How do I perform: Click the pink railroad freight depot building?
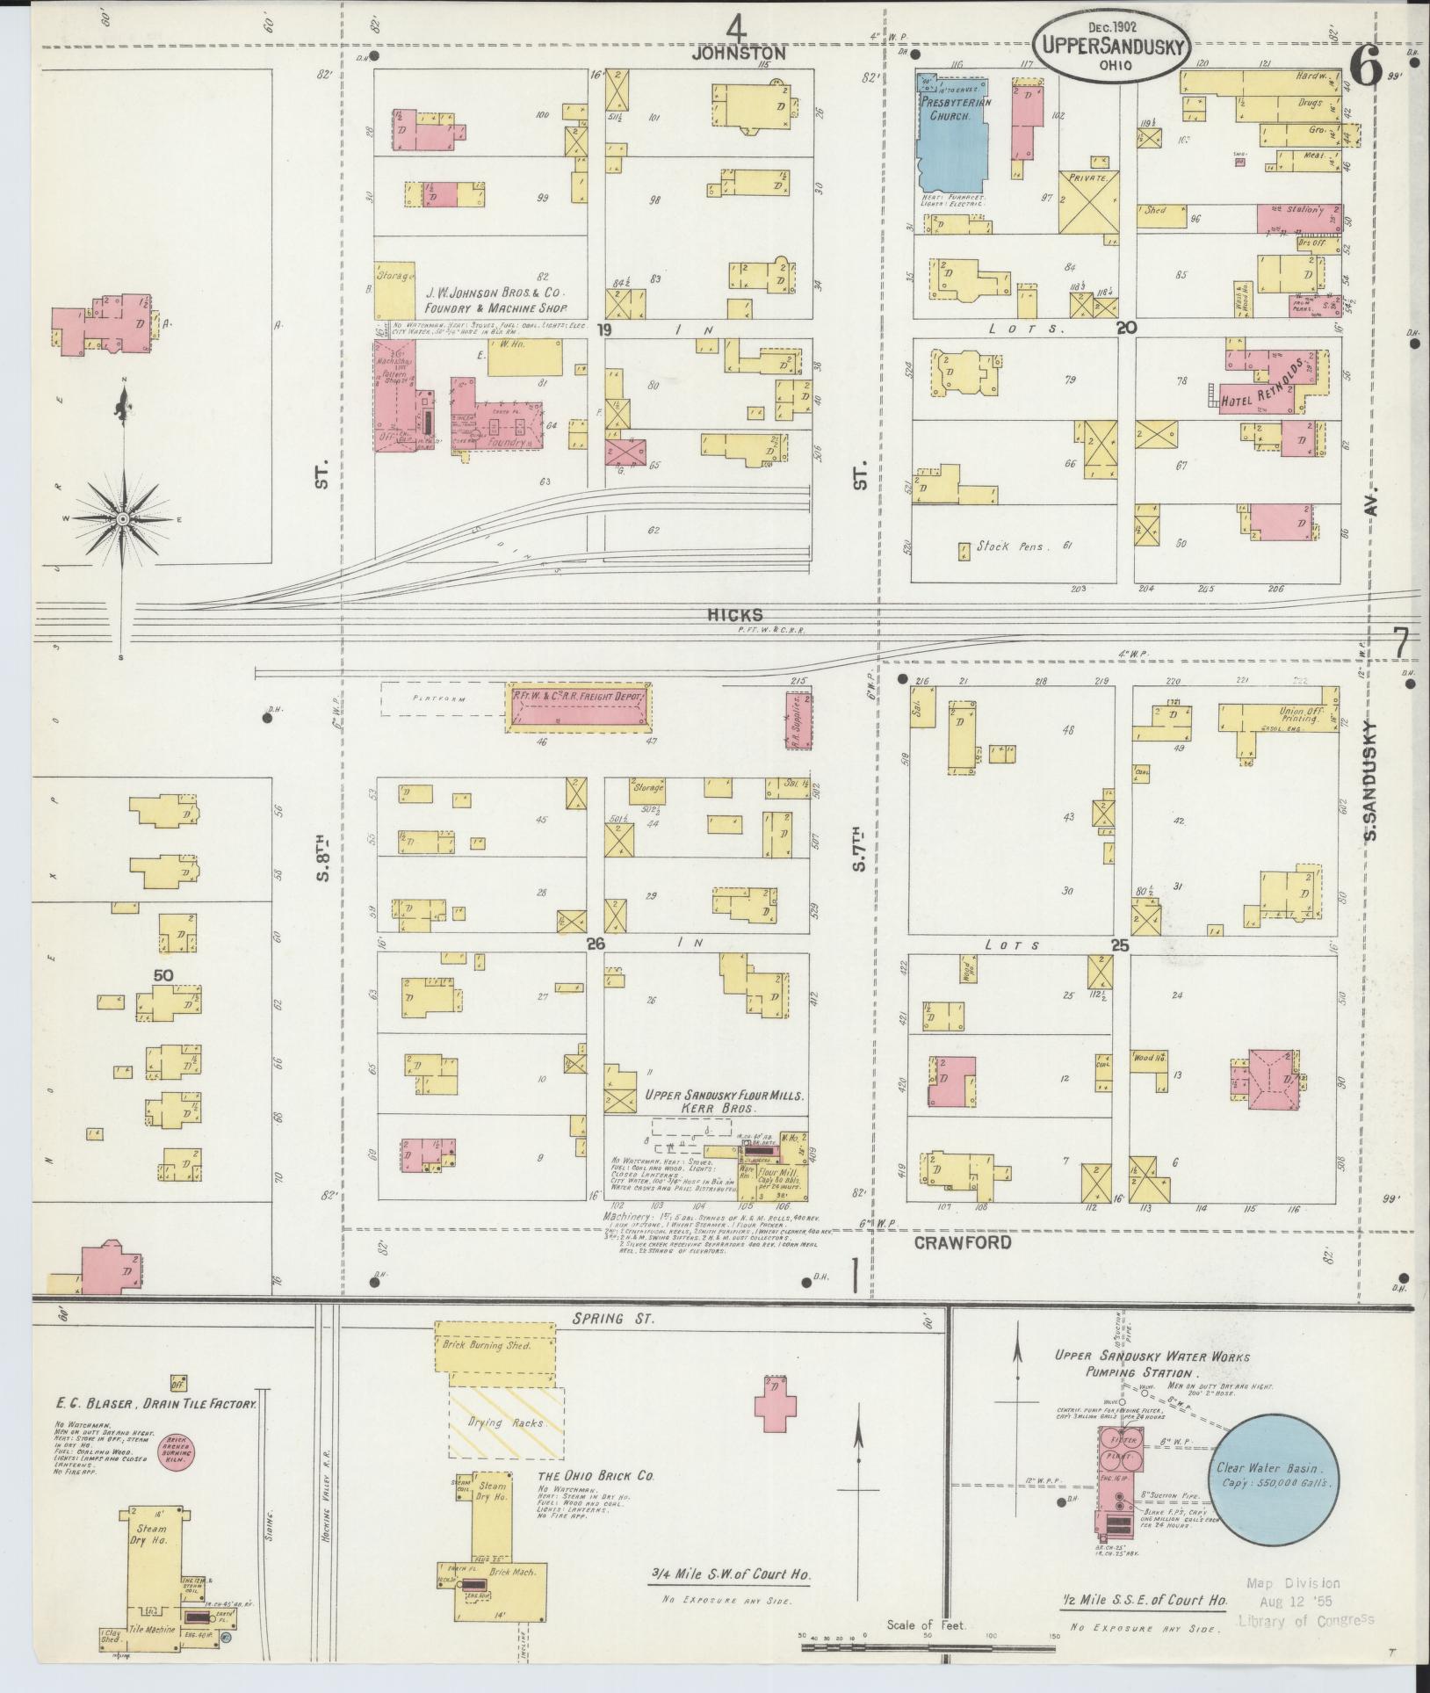580,707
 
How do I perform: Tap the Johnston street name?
738,54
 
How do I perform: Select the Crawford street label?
962,1243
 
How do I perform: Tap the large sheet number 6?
1367,68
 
